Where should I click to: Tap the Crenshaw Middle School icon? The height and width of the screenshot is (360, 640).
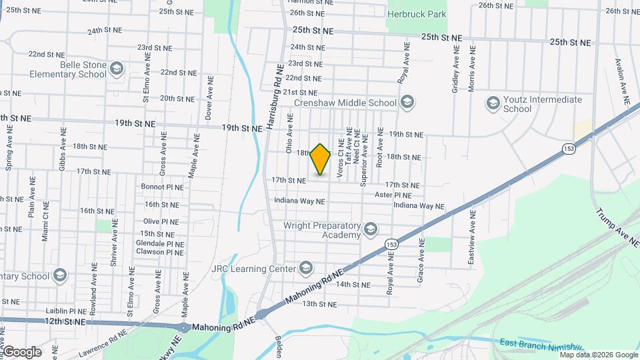(x=407, y=103)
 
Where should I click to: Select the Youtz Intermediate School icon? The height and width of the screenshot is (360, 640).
(x=493, y=103)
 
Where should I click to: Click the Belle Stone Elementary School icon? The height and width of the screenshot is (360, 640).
(x=117, y=69)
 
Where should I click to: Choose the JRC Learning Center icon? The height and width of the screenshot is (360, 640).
(x=306, y=268)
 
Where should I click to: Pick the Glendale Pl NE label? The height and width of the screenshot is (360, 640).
(x=159, y=243)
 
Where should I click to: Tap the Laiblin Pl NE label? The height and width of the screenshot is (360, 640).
(x=66, y=311)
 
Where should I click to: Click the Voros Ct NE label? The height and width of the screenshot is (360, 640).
(x=341, y=159)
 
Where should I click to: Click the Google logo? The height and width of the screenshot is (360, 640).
(x=21, y=351)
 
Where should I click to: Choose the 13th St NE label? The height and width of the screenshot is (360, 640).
(x=319, y=304)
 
